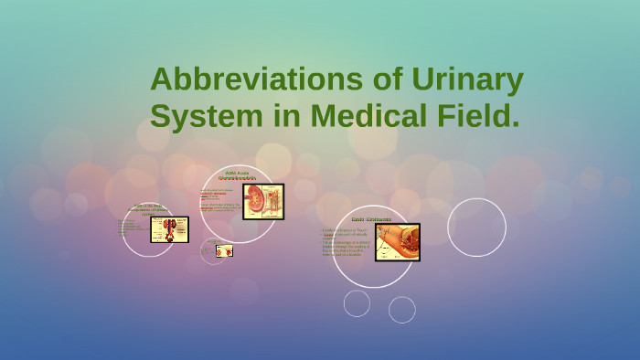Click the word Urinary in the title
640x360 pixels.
pyautogui.click(x=475, y=79)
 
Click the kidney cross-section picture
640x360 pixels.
pyautogui.click(x=262, y=202)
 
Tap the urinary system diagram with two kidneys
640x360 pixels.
pyautogui.click(x=169, y=229)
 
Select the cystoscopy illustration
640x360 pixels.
pyautogui.click(x=397, y=242)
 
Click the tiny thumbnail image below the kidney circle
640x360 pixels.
pyautogui.click(x=223, y=250)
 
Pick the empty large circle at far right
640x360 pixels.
pyautogui.click(x=476, y=227)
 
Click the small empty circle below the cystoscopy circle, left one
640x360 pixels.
pyautogui.click(x=357, y=302)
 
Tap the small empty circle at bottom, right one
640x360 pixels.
pyautogui.click(x=401, y=310)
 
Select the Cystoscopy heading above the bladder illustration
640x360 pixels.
pyautogui.click(x=371, y=220)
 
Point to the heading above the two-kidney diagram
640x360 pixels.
pyautogui.click(x=147, y=209)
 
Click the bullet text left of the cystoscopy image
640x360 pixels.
pyautogui.click(x=347, y=242)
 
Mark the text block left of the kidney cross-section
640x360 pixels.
pyautogui.click(x=219, y=201)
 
